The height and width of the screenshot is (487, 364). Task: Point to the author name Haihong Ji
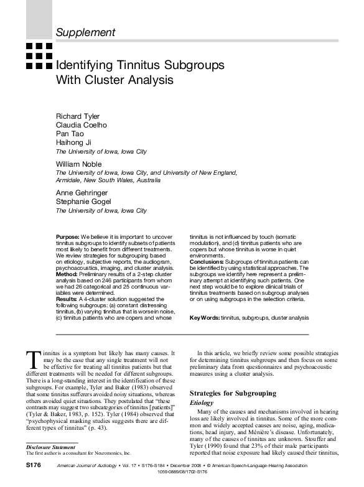pos(73,142)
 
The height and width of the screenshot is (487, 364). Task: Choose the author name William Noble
pos(78,163)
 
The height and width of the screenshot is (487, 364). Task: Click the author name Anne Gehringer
pos(82,193)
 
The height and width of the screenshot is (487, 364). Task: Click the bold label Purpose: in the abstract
pos(67,238)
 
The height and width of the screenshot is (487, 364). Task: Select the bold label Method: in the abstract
pos(66,273)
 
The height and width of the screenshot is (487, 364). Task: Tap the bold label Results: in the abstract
pos(67,299)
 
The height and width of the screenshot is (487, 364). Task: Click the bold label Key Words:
pos(204,318)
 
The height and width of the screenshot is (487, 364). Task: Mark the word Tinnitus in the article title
pos(132,65)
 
